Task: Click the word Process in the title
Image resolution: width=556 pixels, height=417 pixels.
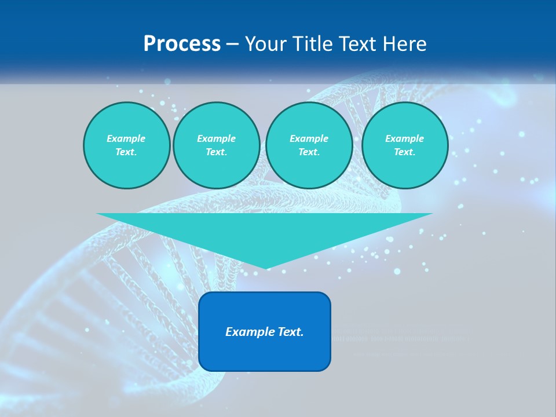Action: pyautogui.click(x=182, y=44)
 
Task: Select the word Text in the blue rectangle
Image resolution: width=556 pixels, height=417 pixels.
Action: pyautogui.click(x=290, y=332)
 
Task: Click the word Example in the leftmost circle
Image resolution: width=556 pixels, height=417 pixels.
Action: pyautogui.click(x=126, y=138)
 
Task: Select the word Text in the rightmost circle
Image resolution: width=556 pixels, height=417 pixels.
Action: pyautogui.click(x=404, y=152)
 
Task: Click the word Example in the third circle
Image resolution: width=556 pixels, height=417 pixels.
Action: pyautogui.click(x=309, y=138)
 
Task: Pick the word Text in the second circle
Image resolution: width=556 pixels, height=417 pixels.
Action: pyautogui.click(x=216, y=152)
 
